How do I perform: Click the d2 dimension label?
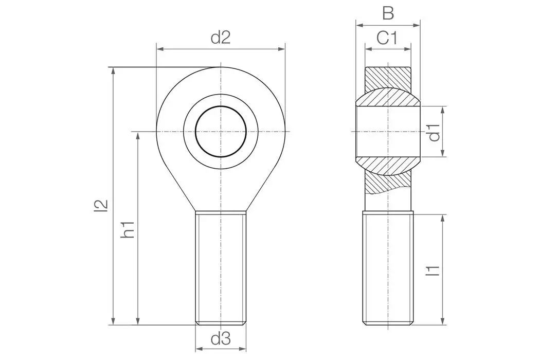221,38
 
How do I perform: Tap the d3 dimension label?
221,338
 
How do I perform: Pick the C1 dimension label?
388,38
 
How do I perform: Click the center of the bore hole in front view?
221,132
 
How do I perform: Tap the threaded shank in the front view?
221,267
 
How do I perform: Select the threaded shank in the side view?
388,267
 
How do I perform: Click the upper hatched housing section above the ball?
388,77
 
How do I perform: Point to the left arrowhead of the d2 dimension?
159,49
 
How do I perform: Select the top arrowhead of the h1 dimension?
137,135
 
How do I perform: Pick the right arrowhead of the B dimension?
417,25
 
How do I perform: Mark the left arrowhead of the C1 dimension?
368,49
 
